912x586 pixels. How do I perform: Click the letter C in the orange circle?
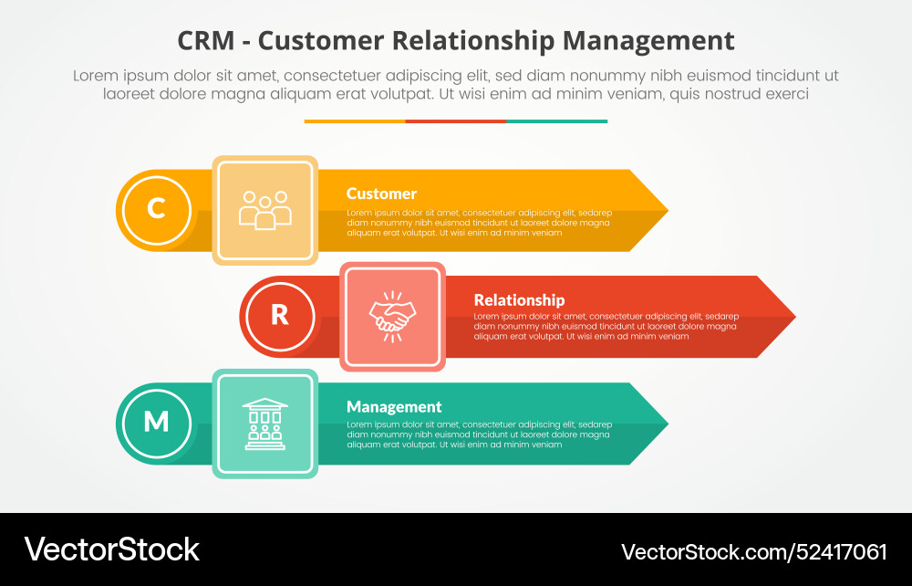(156, 209)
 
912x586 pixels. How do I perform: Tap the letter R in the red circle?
(280, 315)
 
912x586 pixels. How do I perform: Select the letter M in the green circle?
(156, 422)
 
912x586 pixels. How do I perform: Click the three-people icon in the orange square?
(265, 210)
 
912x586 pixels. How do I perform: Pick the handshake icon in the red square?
(392, 317)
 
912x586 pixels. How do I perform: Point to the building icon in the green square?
(265, 424)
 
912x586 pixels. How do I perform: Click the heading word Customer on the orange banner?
(381, 194)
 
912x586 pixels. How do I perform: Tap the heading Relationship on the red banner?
(519, 299)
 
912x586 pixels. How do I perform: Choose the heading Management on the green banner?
(394, 407)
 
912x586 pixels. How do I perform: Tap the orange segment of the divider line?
(355, 120)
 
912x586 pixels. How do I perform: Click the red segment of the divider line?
(456, 120)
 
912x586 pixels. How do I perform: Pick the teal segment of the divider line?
(556, 120)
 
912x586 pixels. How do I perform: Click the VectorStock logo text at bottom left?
(112, 549)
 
